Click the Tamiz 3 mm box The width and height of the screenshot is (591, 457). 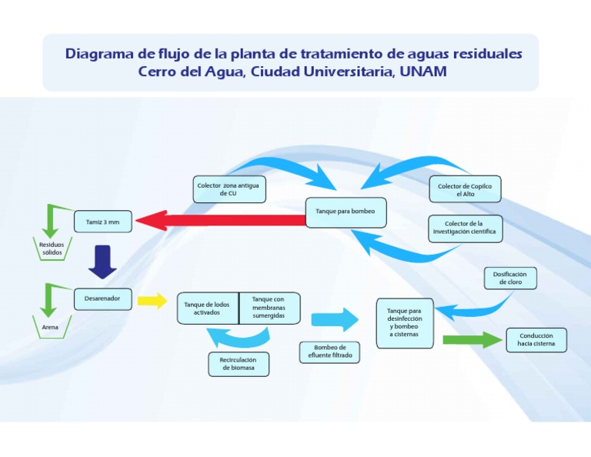(102, 222)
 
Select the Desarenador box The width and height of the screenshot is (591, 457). (102, 298)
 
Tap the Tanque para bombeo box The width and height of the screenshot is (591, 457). (346, 212)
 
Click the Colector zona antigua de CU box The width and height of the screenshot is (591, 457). (228, 188)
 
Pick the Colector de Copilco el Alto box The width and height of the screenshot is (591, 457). (465, 189)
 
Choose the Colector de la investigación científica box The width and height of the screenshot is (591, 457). (465, 228)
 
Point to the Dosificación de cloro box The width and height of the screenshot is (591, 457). (509, 278)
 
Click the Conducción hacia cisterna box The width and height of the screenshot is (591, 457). (536, 340)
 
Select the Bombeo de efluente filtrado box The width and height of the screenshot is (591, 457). (329, 352)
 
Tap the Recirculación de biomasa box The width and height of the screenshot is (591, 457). (239, 364)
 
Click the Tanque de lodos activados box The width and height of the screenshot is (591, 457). (207, 309)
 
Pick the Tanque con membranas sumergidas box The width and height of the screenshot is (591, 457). (269, 308)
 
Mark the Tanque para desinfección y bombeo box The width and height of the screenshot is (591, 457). (405, 322)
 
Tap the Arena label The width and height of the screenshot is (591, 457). (51, 327)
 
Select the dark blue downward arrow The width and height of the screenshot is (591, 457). (102, 262)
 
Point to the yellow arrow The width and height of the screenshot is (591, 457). (152, 300)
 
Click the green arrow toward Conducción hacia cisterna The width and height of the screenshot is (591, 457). (471, 339)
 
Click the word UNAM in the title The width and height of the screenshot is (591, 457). (422, 72)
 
